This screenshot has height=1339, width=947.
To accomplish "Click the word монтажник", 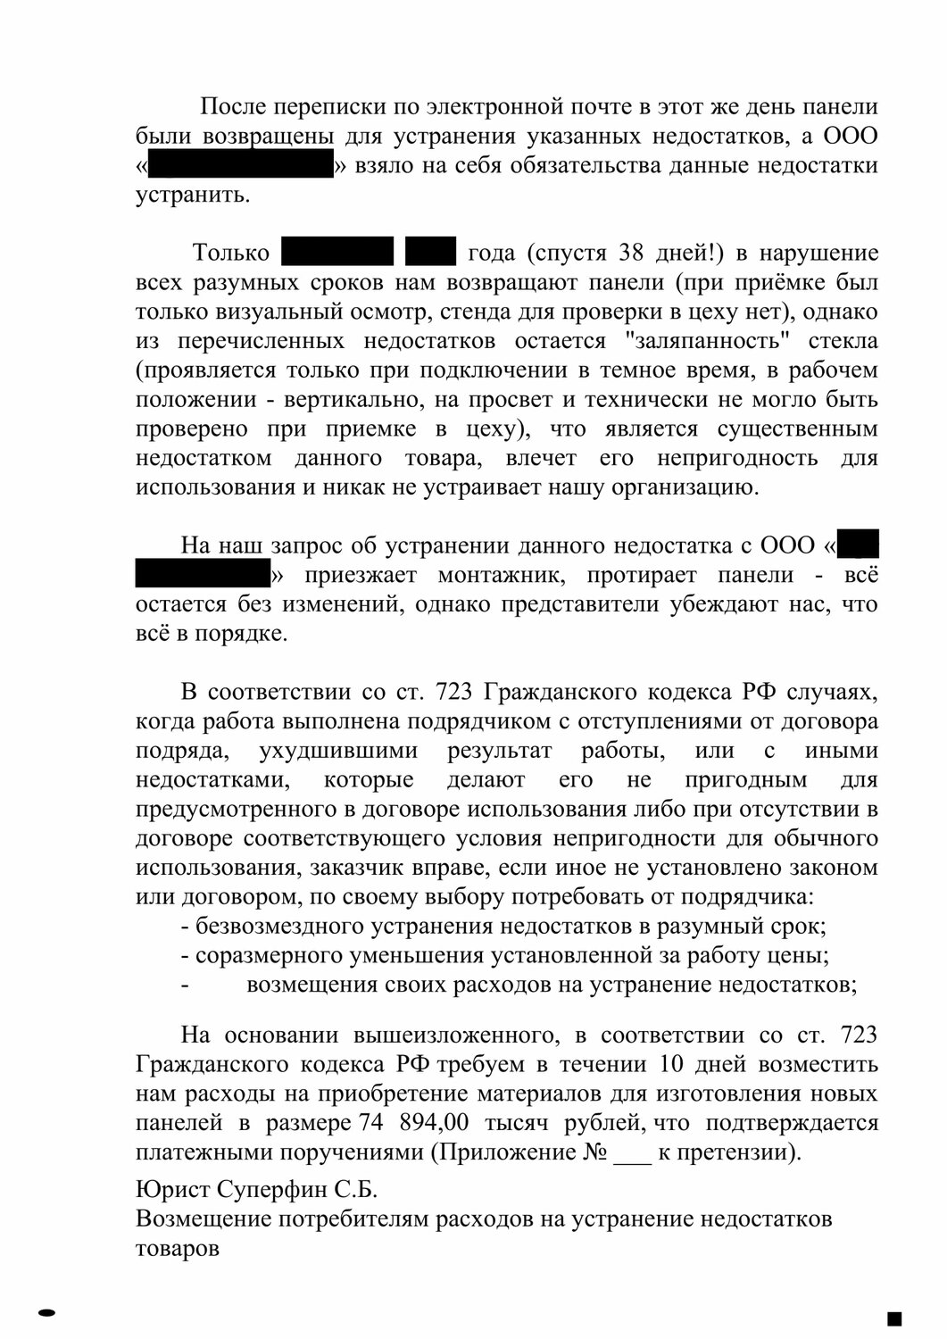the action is pyautogui.click(x=523, y=576).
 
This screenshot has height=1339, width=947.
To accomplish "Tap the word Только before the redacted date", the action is pyautogui.click(x=231, y=254).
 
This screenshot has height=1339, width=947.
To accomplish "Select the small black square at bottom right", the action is pyautogui.click(x=895, y=1318).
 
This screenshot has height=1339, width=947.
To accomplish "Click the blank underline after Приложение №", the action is pyautogui.click(x=633, y=1153).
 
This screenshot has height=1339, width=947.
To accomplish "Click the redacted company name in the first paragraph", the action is pyautogui.click(x=239, y=166).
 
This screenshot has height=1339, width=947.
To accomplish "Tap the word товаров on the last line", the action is pyautogui.click(x=178, y=1249).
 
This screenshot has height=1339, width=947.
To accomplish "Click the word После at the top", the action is pyautogui.click(x=234, y=108).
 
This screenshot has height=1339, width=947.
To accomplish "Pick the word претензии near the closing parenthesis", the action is pyautogui.click(x=735, y=1153).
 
